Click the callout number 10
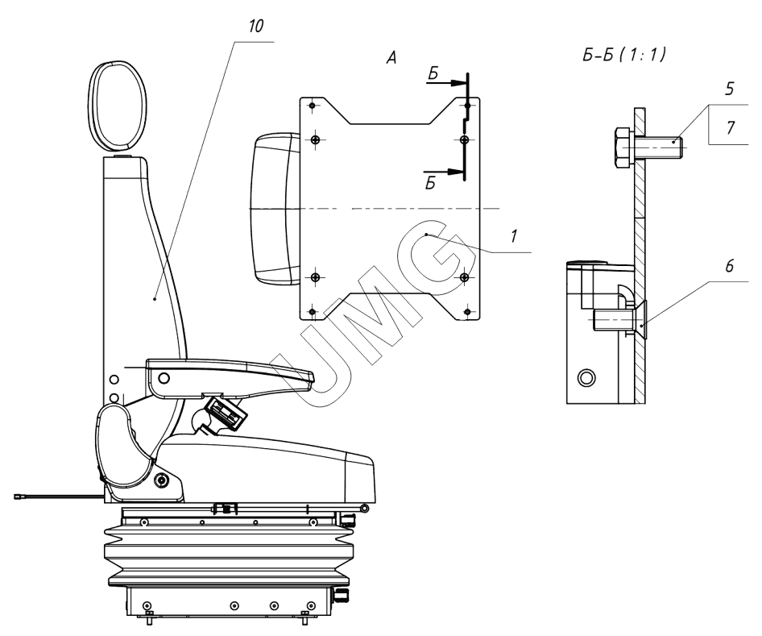pos(255,27)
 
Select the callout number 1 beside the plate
pos(514,236)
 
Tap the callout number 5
pos(729,89)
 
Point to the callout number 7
pos(731,127)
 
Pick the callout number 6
pos(729,266)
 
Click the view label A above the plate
pos(391,58)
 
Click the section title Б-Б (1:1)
pos(624,55)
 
